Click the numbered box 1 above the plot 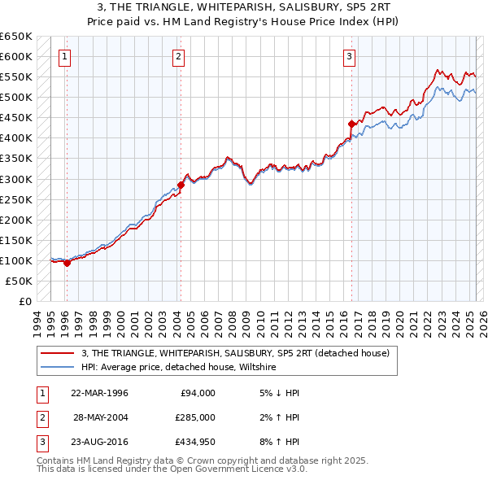click(x=64, y=57)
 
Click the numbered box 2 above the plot click(x=178, y=57)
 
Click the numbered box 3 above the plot click(x=349, y=57)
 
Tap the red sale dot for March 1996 click(x=67, y=263)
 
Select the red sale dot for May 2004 click(x=181, y=185)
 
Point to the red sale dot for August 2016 click(x=351, y=124)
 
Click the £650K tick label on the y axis click(x=15, y=37)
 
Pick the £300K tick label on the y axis click(x=15, y=179)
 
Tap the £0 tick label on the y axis click(x=24, y=301)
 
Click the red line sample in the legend click(x=58, y=354)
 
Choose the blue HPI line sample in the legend click(x=58, y=368)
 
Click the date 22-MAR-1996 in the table click(x=99, y=392)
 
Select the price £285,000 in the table click(x=195, y=417)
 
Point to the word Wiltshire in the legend click(x=256, y=368)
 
